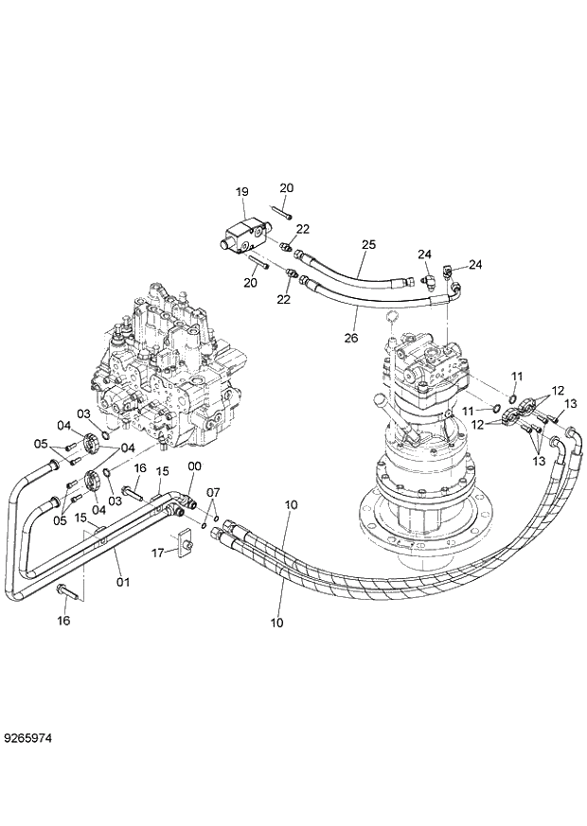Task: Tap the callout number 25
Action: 368,244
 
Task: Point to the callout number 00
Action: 195,466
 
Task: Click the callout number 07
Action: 213,492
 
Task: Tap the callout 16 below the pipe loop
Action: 63,621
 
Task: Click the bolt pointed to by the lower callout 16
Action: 66,591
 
